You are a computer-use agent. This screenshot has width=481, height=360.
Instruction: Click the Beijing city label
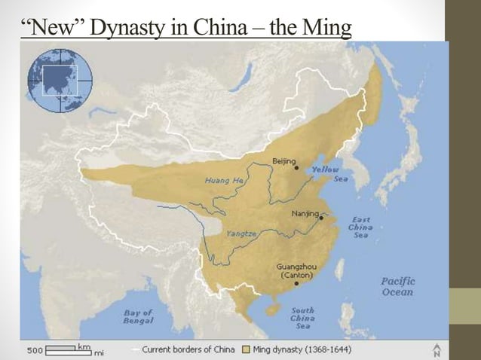tap(283, 161)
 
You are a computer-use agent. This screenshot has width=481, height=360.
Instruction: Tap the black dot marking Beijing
tap(296, 168)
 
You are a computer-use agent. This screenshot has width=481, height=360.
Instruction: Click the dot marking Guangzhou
tap(296, 283)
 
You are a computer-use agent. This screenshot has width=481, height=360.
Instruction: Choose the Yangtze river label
tap(241, 233)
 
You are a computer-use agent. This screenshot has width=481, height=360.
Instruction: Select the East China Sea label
tap(360, 227)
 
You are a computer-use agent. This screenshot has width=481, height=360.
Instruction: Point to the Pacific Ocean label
tap(397, 286)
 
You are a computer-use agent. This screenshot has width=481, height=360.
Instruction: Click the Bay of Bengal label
tap(138, 316)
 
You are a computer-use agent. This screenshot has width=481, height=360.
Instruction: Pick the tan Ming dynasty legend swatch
tap(246, 350)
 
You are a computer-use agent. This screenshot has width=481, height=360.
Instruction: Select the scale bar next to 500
tap(69, 350)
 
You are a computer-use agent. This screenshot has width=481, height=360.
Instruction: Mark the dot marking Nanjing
tap(321, 216)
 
